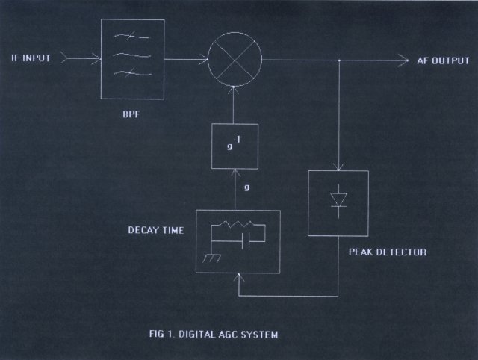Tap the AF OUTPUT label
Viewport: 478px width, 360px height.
pyautogui.click(x=444, y=60)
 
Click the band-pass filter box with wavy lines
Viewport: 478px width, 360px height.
pyautogui.click(x=132, y=59)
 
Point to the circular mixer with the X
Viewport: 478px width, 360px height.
pyautogui.click(x=235, y=59)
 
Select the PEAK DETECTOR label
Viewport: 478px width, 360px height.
pyautogui.click(x=388, y=252)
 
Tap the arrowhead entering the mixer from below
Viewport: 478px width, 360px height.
pyautogui.click(x=235, y=89)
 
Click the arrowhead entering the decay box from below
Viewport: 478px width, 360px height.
pyautogui.click(x=238, y=277)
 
